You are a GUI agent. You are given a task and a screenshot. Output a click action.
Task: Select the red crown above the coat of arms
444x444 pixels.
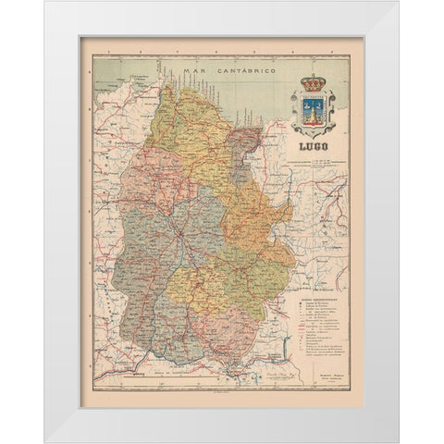[315, 83]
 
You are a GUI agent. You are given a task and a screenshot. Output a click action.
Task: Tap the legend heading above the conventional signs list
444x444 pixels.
[315, 299]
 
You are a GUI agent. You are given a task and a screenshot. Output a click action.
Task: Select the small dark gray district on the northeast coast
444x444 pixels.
[243, 140]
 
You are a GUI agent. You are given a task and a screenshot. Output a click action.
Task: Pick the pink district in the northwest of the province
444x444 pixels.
[139, 176]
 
